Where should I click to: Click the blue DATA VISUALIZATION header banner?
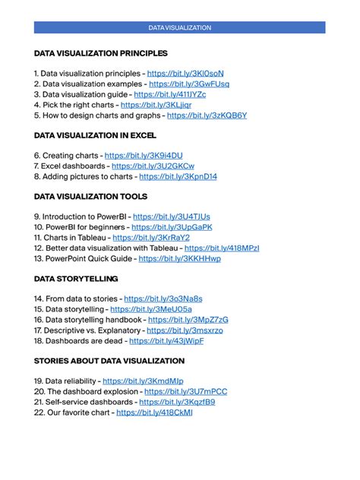click(x=179, y=27)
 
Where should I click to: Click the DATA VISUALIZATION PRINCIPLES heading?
click(x=101, y=53)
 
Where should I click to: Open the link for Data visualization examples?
click(x=188, y=84)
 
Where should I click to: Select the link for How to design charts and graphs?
click(x=207, y=115)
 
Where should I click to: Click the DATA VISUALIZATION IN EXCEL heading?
click(x=95, y=135)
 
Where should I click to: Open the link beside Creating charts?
click(x=144, y=155)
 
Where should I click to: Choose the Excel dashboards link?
click(x=153, y=166)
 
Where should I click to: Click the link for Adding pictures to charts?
click(x=178, y=176)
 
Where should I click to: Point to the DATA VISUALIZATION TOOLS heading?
click(x=90, y=197)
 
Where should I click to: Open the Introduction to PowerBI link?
click(x=172, y=216)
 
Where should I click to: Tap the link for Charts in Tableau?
click(x=150, y=237)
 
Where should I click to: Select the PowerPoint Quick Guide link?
click(x=179, y=258)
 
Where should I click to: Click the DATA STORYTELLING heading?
click(x=76, y=279)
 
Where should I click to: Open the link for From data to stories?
click(x=163, y=299)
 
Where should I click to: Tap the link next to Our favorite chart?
click(x=154, y=412)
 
